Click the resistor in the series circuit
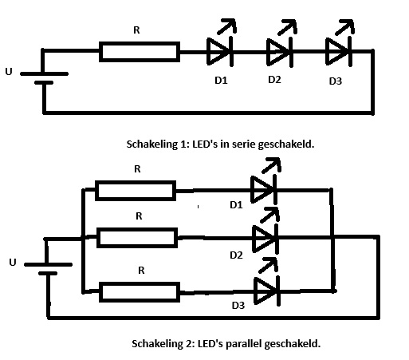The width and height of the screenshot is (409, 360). [x=140, y=52]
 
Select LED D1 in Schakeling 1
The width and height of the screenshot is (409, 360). [x=219, y=51]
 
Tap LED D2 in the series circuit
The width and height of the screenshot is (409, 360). [x=279, y=51]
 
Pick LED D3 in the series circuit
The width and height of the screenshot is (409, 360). [x=338, y=51]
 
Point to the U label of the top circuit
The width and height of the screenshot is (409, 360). [x=9, y=72]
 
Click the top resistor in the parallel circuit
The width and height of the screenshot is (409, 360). [x=135, y=191]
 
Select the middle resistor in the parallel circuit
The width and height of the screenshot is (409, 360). [x=136, y=237]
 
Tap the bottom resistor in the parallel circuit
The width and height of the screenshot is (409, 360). [x=136, y=291]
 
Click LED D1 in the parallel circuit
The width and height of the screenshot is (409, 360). [x=263, y=190]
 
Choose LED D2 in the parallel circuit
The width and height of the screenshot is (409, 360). [x=264, y=237]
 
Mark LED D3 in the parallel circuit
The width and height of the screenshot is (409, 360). [x=264, y=290]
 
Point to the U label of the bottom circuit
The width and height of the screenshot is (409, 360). [x=11, y=262]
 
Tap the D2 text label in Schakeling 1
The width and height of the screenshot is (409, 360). [x=274, y=79]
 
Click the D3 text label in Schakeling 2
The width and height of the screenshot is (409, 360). [x=238, y=306]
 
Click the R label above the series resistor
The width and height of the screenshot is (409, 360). [x=136, y=31]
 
